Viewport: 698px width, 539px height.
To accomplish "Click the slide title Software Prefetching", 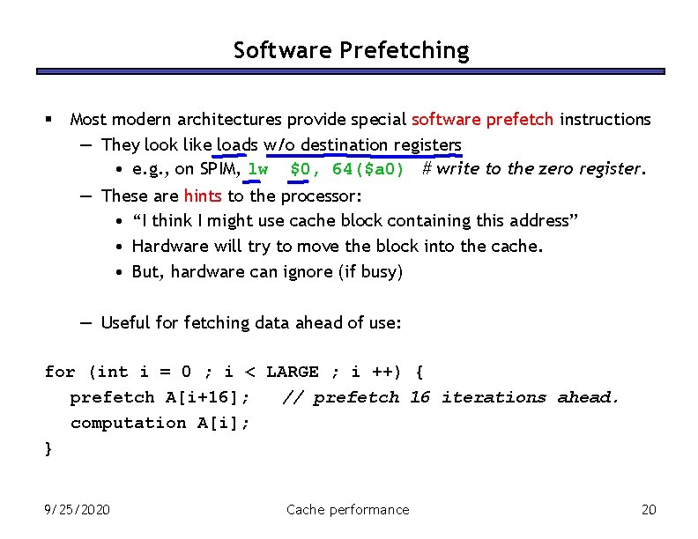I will click(351, 50).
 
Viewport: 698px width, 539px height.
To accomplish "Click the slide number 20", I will click(649, 509).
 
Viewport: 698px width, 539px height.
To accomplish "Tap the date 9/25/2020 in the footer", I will click(78, 509).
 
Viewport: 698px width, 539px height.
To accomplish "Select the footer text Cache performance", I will click(348, 509).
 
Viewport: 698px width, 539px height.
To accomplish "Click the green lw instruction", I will click(257, 169).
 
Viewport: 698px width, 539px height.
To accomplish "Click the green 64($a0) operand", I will click(368, 169).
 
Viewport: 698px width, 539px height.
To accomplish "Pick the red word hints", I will click(203, 195).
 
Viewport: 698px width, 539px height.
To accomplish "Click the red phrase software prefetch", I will click(483, 118).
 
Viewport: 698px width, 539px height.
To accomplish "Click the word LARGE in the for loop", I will click(293, 372).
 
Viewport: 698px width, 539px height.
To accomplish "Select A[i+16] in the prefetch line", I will click(207, 397).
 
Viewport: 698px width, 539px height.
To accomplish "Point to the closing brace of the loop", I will click(49, 448).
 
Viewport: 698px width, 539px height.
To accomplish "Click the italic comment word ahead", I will click(588, 397).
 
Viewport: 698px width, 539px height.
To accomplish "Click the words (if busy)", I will click(370, 271).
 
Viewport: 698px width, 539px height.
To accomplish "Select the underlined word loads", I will click(237, 144).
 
